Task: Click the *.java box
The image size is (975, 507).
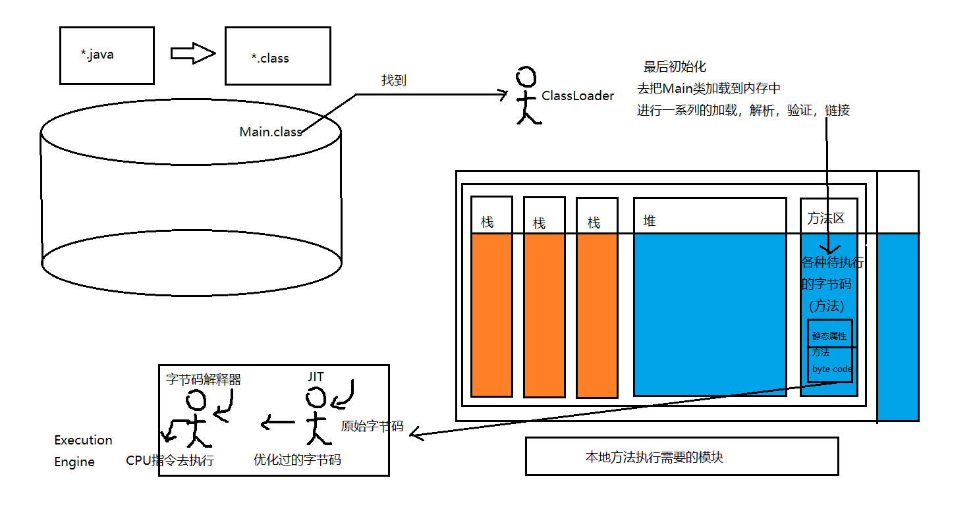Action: pyautogui.click(x=107, y=55)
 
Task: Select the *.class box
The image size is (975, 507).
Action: pyautogui.click(x=277, y=56)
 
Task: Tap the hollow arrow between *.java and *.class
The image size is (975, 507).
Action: pyautogui.click(x=193, y=53)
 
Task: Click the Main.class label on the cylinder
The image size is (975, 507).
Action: pyautogui.click(x=270, y=132)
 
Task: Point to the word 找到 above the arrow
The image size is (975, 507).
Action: pyautogui.click(x=394, y=80)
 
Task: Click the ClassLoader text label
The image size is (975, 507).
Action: pyautogui.click(x=578, y=96)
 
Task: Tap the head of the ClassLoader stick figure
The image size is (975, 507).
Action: pyautogui.click(x=525, y=78)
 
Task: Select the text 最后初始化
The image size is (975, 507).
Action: pyautogui.click(x=675, y=67)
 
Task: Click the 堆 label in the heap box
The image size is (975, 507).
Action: pyautogui.click(x=650, y=221)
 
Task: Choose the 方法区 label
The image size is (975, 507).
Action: pyautogui.click(x=826, y=219)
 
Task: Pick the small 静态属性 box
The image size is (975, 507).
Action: pyautogui.click(x=829, y=334)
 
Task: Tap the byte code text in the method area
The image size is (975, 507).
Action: pyautogui.click(x=832, y=369)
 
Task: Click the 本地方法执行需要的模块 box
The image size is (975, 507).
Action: pyautogui.click(x=682, y=456)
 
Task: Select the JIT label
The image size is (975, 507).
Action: pyautogui.click(x=316, y=377)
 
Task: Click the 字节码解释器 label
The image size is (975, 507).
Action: pyautogui.click(x=204, y=379)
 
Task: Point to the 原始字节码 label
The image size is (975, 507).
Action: pyautogui.click(x=372, y=426)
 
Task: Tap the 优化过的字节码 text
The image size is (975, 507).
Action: pyautogui.click(x=297, y=460)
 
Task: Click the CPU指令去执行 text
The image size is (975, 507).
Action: pyautogui.click(x=170, y=460)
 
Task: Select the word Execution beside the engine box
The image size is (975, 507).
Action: pyautogui.click(x=83, y=440)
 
